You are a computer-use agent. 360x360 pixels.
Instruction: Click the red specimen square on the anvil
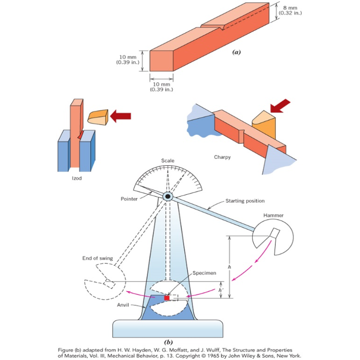tap(167, 298)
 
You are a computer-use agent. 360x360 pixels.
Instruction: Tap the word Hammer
tap(273, 215)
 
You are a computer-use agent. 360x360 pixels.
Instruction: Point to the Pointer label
tap(129, 199)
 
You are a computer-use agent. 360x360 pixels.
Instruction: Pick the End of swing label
tap(97, 258)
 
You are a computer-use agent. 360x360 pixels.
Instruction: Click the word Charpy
tap(222, 157)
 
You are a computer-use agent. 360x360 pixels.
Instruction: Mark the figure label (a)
tap(236, 53)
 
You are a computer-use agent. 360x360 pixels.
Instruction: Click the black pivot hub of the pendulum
tap(168, 196)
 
